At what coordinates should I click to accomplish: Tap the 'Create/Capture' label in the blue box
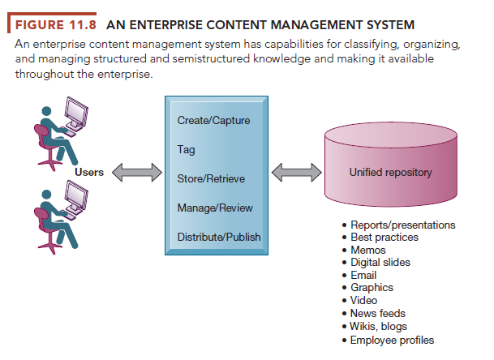click(x=213, y=121)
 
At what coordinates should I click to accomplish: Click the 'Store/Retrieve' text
click(x=210, y=178)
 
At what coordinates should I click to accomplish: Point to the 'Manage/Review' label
click(x=214, y=208)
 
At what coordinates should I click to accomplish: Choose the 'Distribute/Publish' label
click(x=218, y=237)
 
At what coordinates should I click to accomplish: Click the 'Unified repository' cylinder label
click(x=390, y=173)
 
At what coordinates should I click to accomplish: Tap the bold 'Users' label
click(x=88, y=171)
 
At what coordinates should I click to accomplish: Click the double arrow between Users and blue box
click(x=136, y=173)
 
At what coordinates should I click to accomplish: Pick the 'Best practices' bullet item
click(x=384, y=238)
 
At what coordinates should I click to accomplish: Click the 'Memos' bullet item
click(x=368, y=251)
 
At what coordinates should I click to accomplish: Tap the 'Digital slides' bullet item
click(x=380, y=263)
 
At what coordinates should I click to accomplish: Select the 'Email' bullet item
click(x=364, y=276)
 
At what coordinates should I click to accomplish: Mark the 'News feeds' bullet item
click(x=378, y=314)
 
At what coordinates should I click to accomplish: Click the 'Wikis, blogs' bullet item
click(x=379, y=327)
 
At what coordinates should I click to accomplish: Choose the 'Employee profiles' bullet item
click(x=393, y=340)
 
